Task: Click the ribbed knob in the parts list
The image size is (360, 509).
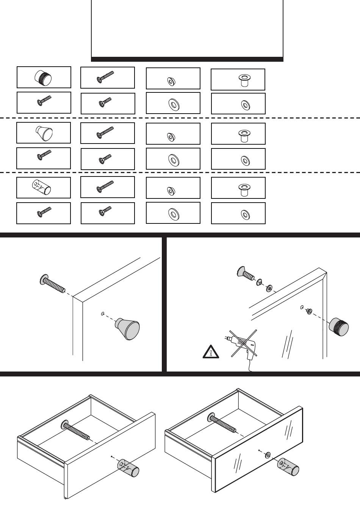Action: [x=43, y=78]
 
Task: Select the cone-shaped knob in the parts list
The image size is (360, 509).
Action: [x=44, y=133]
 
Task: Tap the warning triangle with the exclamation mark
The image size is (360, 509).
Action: [x=211, y=353]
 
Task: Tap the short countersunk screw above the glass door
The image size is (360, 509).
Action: [x=246, y=273]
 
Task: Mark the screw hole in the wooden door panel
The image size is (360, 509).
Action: [x=103, y=314]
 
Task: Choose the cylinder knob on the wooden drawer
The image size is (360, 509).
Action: [x=128, y=468]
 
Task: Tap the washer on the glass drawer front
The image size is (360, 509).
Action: [x=268, y=454]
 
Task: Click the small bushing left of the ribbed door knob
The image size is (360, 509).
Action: [x=309, y=311]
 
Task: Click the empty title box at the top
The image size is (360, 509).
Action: [x=187, y=28]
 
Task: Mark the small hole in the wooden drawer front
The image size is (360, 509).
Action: [x=112, y=456]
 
